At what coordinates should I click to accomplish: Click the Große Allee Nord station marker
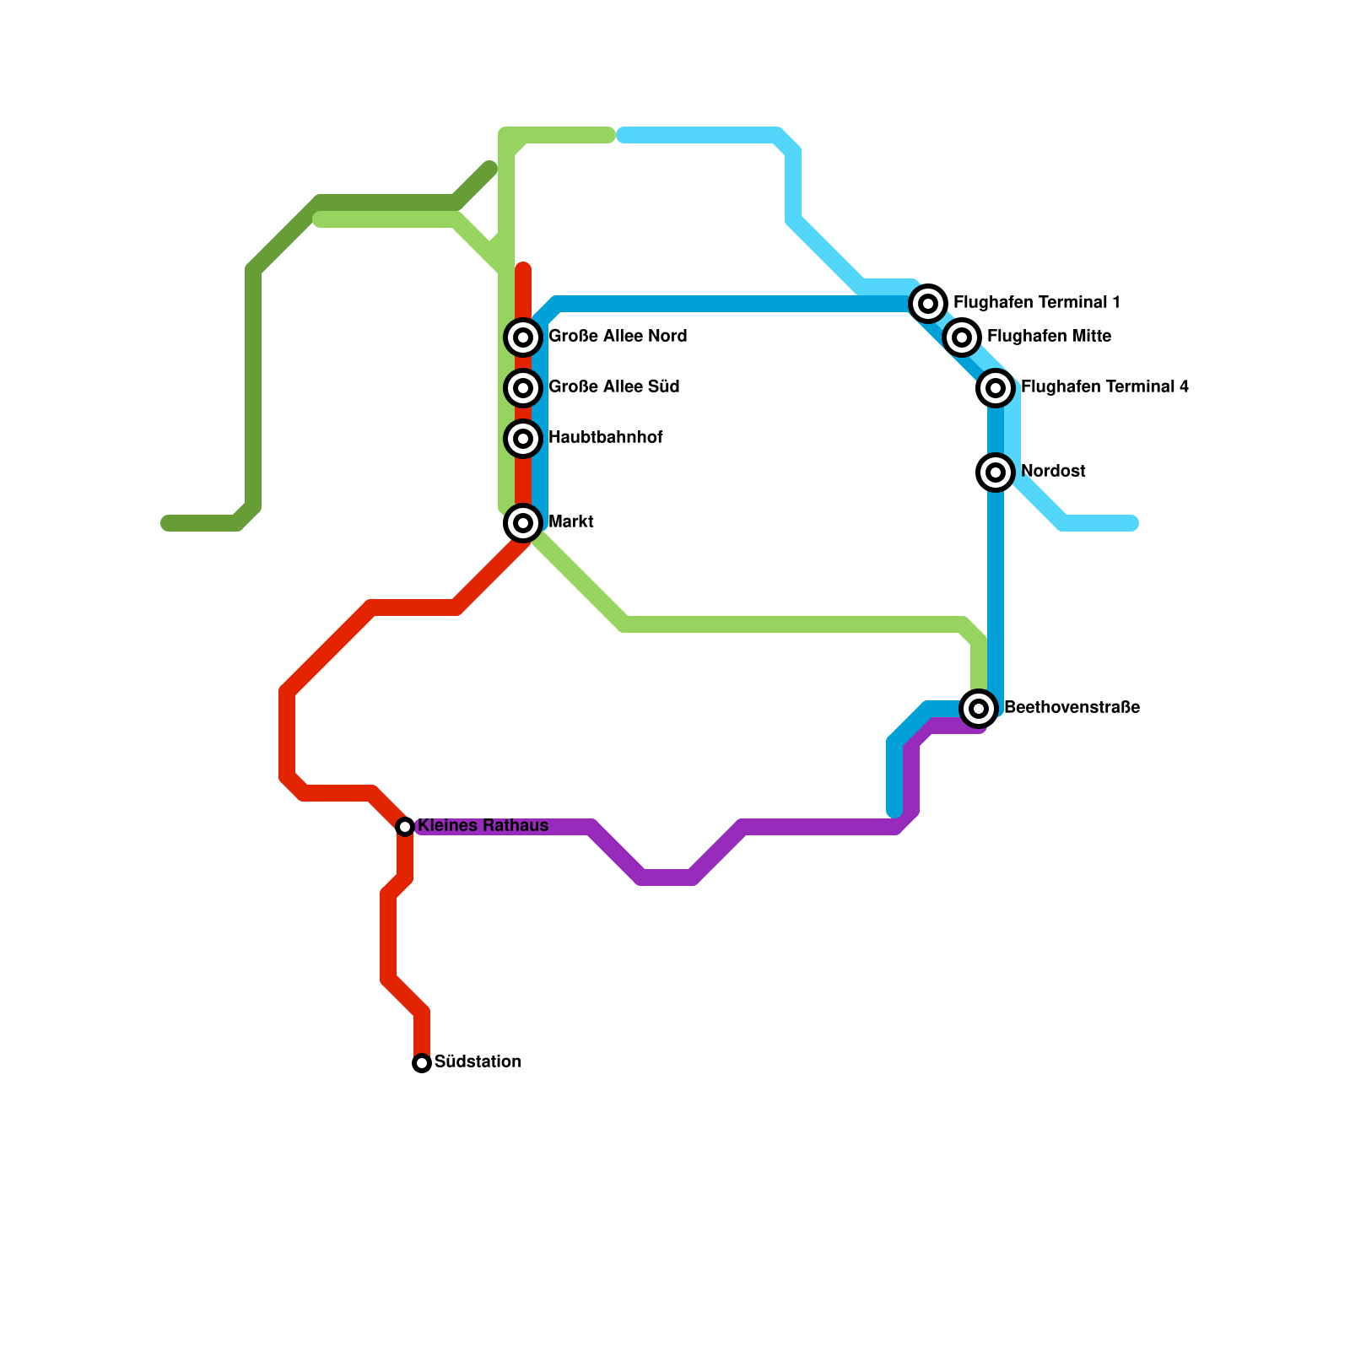click(x=523, y=337)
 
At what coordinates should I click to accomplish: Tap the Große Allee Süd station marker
click(x=523, y=388)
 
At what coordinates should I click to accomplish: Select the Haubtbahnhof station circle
click(x=523, y=439)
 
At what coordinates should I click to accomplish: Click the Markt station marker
click(x=523, y=523)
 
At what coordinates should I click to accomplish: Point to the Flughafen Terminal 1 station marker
click(x=928, y=303)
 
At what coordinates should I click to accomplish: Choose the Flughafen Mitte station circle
click(x=962, y=337)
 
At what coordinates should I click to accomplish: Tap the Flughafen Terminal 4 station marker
click(x=996, y=388)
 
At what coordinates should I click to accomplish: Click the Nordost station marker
click(x=996, y=472)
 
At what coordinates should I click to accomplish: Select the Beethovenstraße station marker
click(x=979, y=709)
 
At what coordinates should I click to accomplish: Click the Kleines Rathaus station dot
click(x=405, y=827)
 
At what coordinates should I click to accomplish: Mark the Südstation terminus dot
click(x=422, y=1063)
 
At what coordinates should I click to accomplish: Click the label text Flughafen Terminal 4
click(x=1104, y=387)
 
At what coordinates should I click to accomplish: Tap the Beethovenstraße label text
click(x=1072, y=708)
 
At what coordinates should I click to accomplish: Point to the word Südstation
click(x=478, y=1062)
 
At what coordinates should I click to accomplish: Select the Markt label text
click(x=571, y=522)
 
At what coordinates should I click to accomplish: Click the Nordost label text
click(x=1053, y=472)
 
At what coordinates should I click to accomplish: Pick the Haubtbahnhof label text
click(x=605, y=438)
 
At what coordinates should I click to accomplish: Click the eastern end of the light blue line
click(x=1133, y=523)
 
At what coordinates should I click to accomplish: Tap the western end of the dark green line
click(x=166, y=523)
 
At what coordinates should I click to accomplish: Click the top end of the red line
click(x=523, y=269)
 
